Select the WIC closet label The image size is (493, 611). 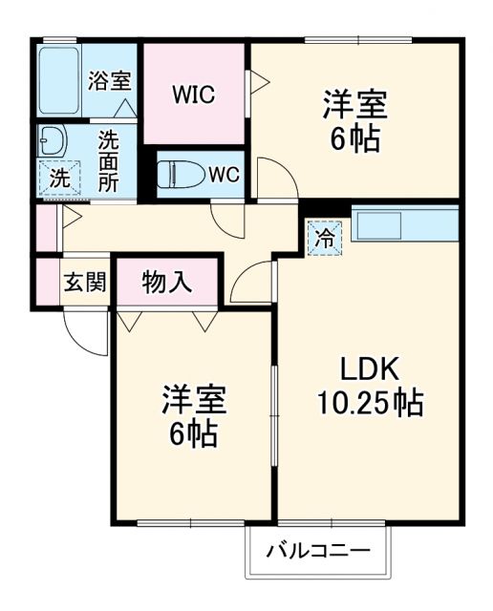click(194, 95)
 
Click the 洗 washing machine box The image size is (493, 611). click(58, 179)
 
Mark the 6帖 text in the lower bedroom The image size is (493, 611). click(194, 434)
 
